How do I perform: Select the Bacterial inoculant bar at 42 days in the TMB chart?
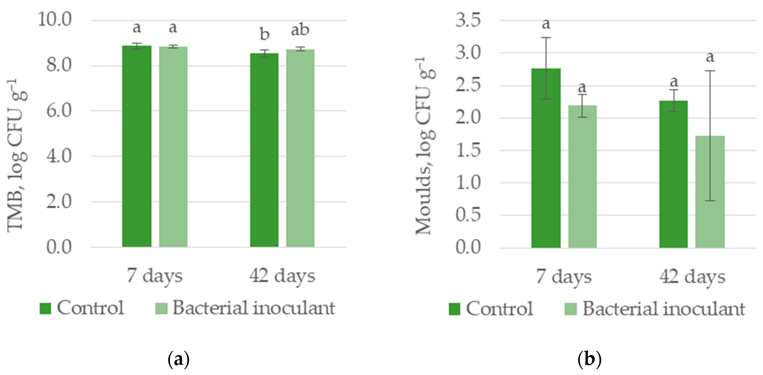coord(300,148)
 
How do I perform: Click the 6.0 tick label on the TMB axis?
coord(59,111)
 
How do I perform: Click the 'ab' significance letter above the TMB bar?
coord(300,30)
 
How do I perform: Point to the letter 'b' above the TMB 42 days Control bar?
coord(264,34)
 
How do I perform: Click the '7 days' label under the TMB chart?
coord(154,276)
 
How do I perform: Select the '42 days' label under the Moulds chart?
coord(692,277)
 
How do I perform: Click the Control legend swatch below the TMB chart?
coord(45,308)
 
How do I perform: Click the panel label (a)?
coord(178,360)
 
